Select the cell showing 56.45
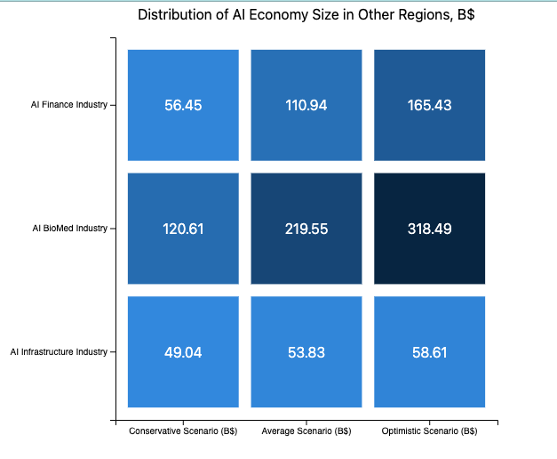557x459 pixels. click(183, 105)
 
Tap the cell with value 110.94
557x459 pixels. click(306, 105)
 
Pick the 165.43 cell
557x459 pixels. click(430, 105)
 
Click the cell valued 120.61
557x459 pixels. click(183, 229)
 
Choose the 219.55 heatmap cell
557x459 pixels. click(306, 229)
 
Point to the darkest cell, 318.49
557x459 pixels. click(430, 229)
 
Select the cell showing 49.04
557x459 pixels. click(183, 352)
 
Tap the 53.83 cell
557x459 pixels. click(306, 352)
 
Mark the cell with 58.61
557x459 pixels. click(430, 352)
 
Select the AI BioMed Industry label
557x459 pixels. click(68, 229)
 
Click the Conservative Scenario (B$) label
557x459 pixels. click(183, 432)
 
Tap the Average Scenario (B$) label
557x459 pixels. click(306, 432)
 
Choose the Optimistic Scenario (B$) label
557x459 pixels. click(430, 432)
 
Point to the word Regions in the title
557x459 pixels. click(416, 15)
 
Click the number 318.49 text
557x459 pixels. click(430, 229)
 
